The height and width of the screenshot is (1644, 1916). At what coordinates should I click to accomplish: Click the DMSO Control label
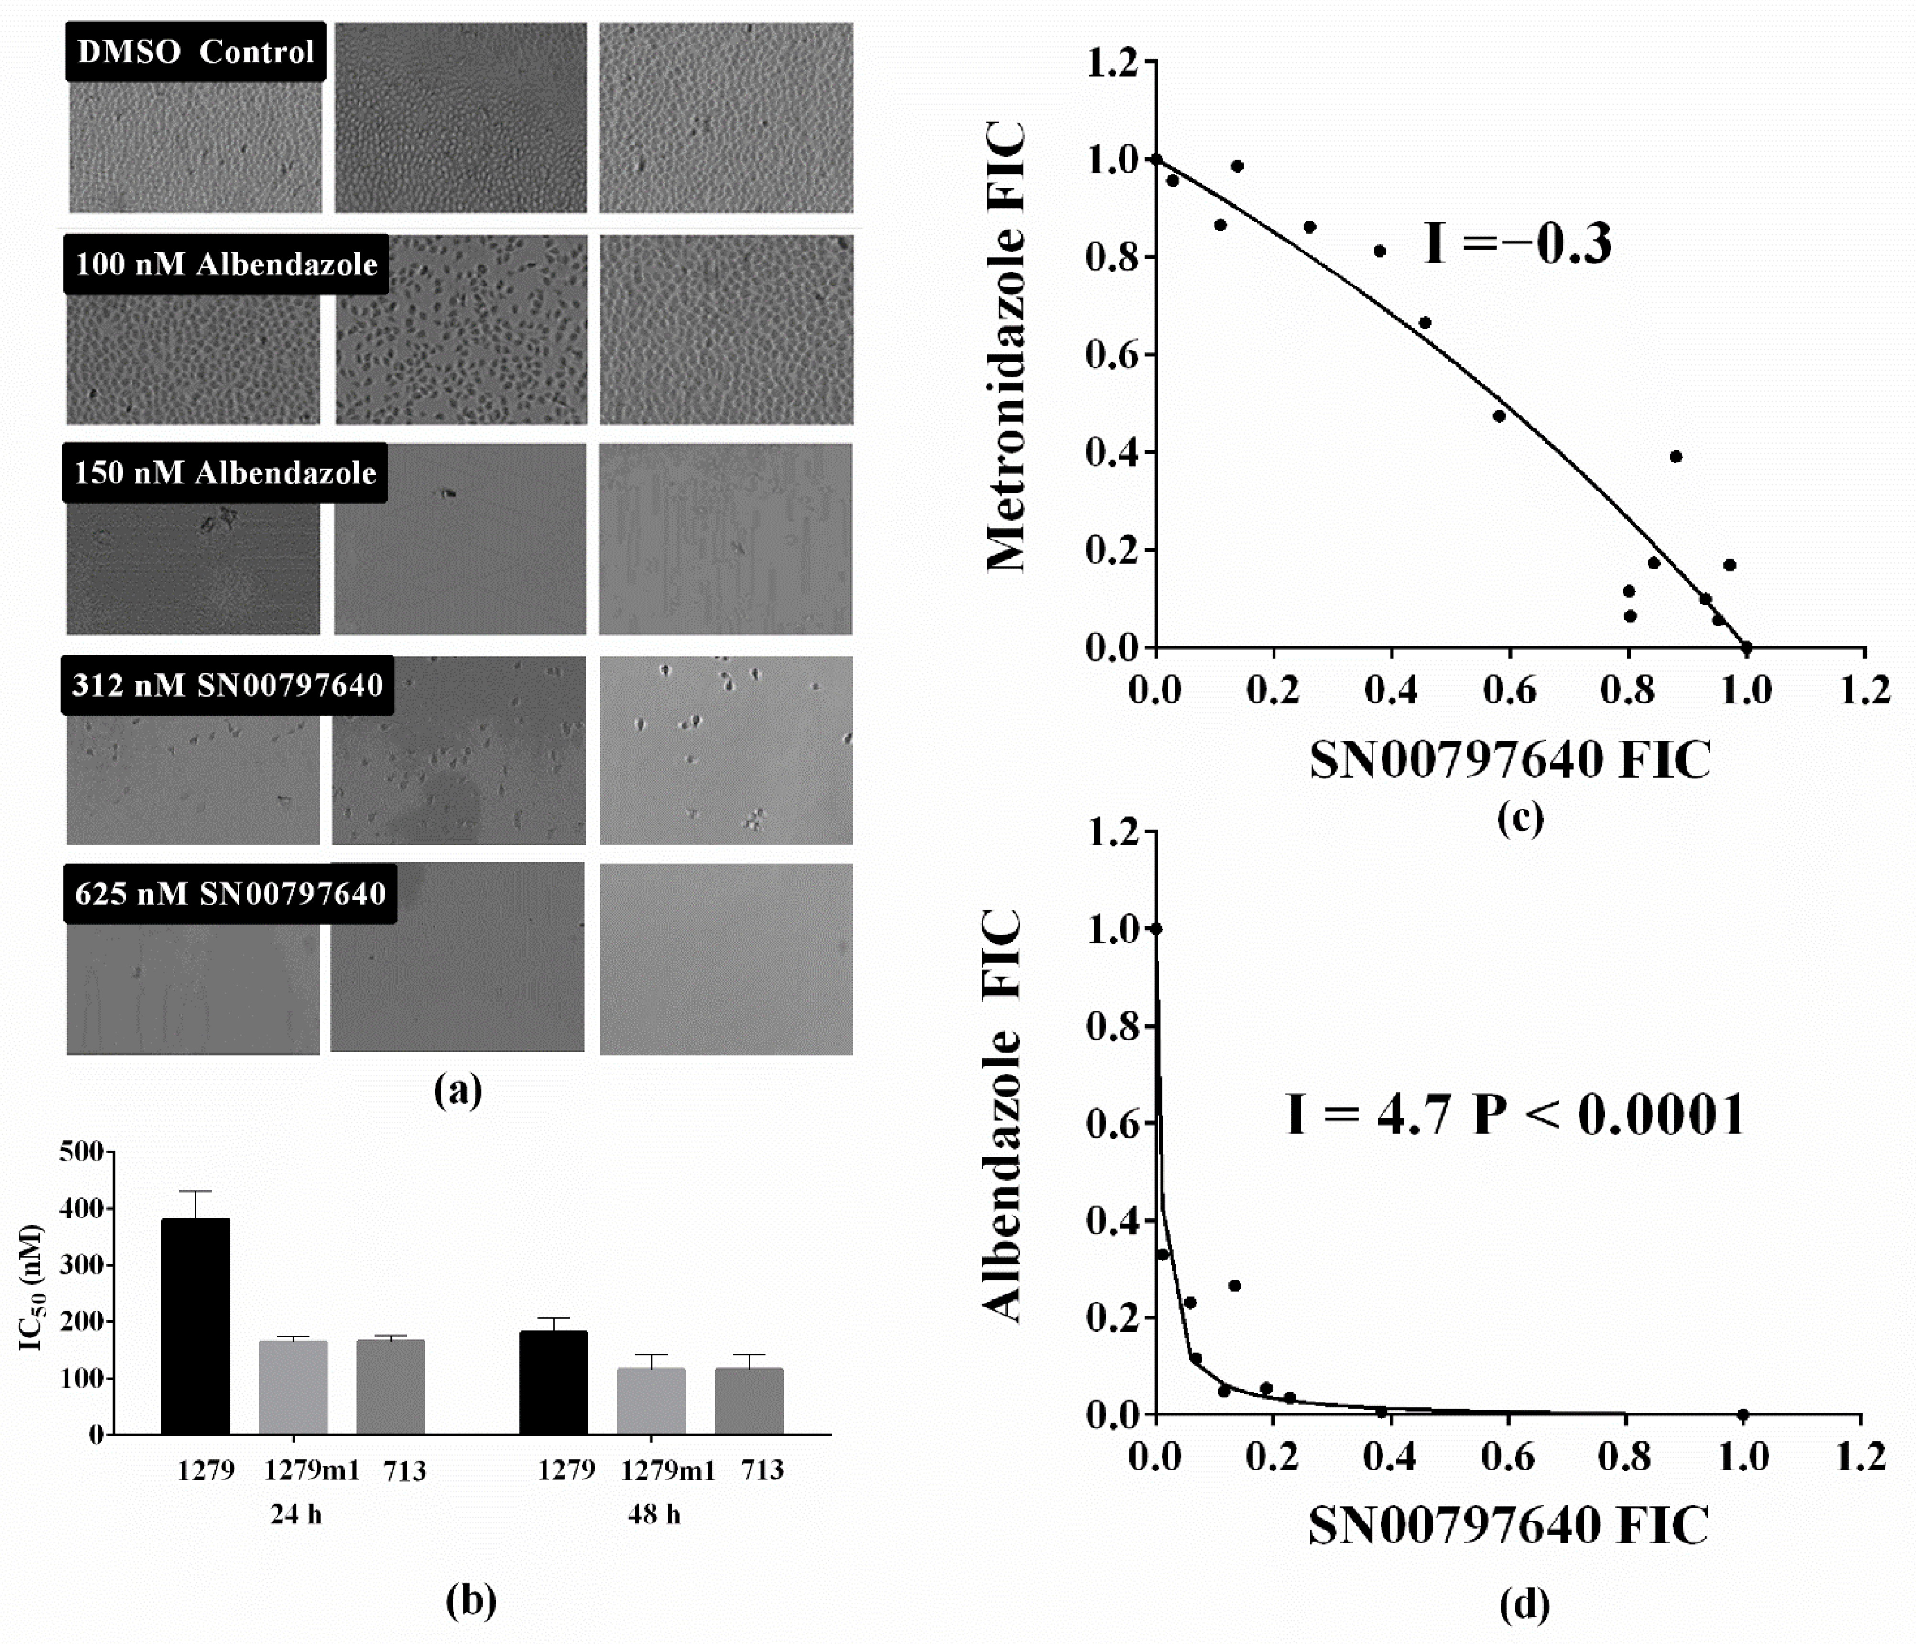click(x=195, y=52)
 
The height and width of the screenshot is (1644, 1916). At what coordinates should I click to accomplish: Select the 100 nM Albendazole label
click(x=226, y=264)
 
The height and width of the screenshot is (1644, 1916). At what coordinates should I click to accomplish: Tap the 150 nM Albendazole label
click(x=225, y=473)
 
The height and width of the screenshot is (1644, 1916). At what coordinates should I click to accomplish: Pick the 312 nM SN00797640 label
click(x=228, y=686)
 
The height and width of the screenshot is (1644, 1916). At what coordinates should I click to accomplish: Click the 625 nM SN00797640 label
click(x=230, y=894)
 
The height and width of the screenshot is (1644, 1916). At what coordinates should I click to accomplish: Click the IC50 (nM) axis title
click(x=33, y=1288)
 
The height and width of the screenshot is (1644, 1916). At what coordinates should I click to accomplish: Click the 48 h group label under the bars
click(x=654, y=1514)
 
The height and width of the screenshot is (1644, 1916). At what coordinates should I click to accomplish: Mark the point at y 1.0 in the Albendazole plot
click(x=1155, y=929)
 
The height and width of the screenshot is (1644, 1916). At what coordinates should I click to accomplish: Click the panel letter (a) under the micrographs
click(x=458, y=1092)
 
